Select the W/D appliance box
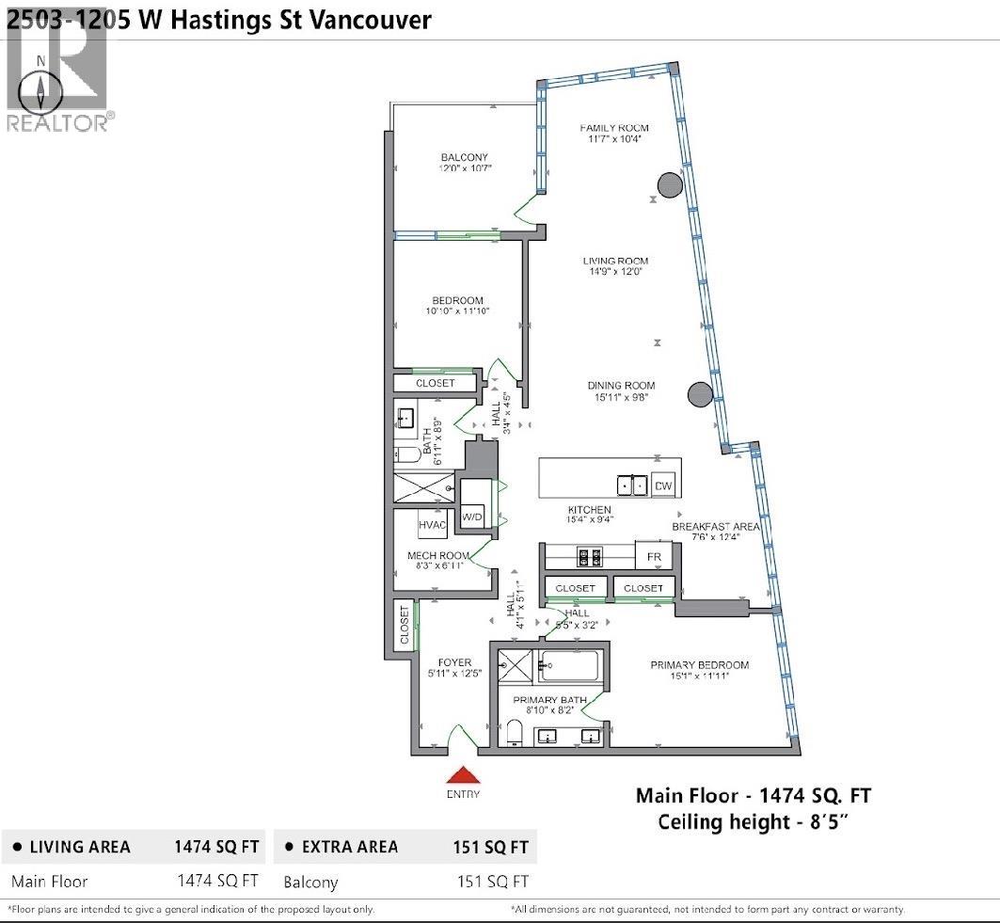pos(471,517)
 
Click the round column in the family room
pos(667,185)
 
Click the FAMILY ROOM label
pos(613,128)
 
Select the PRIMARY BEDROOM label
pos(699,665)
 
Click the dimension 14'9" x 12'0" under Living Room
pos(615,273)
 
